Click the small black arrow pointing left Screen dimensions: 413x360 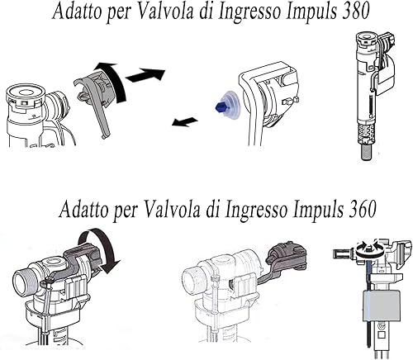[x=185, y=121]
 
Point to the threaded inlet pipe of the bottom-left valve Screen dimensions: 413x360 [x=22, y=282]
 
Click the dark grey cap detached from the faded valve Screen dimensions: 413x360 [x=287, y=254]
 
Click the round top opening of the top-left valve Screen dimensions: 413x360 [x=26, y=93]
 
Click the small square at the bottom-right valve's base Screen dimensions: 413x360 [x=382, y=335]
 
